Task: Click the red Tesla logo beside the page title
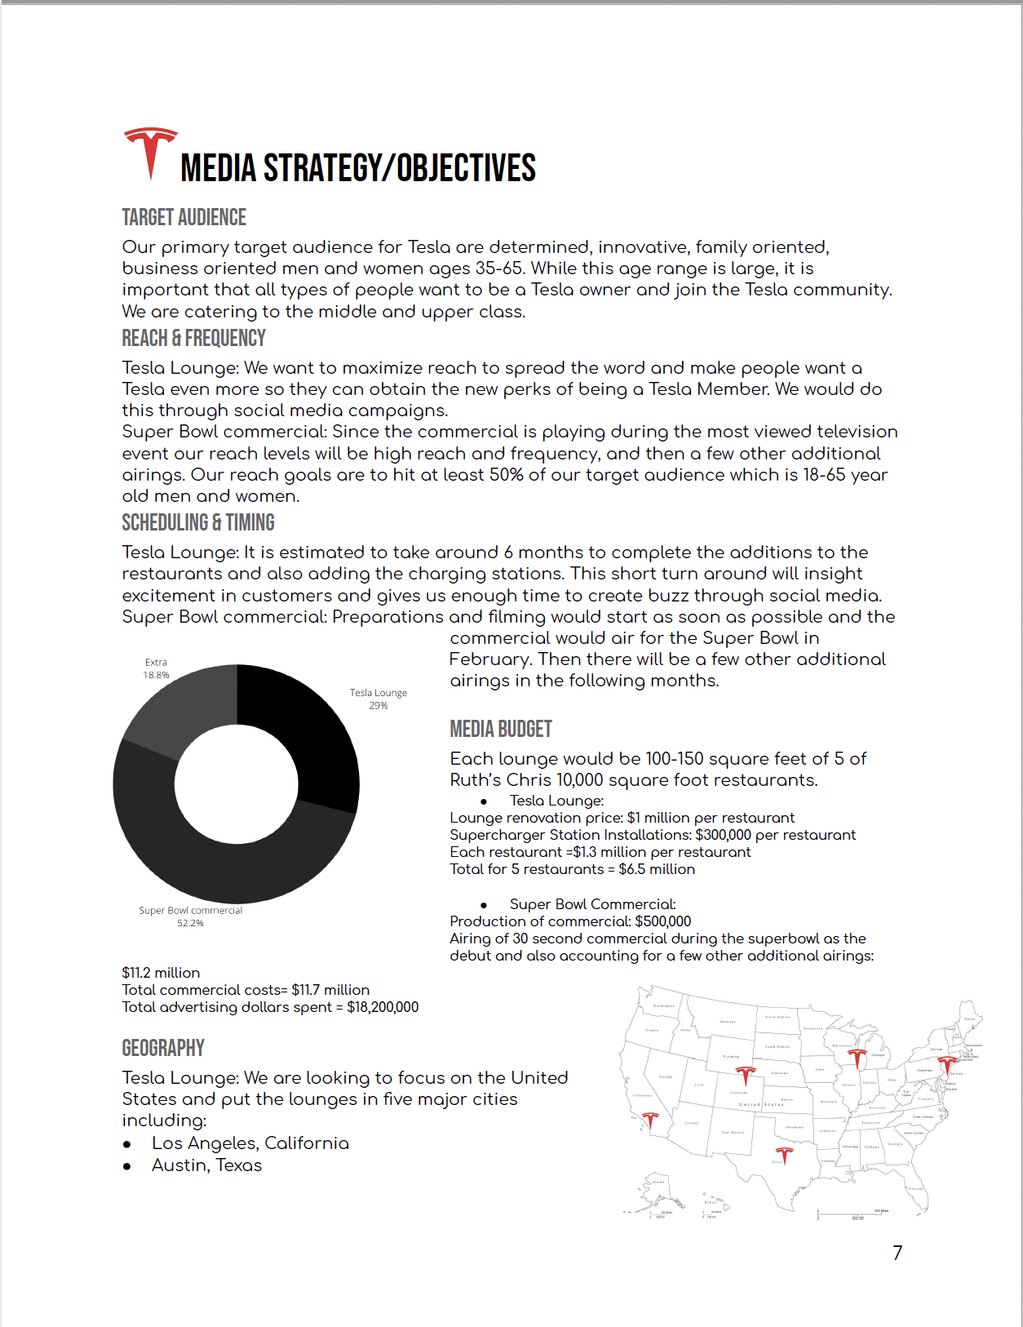pos(150,152)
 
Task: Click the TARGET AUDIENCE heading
pos(184,218)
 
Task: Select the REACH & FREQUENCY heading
pos(193,339)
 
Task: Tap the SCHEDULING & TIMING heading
pos(197,523)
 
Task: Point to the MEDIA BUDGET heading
pos(500,730)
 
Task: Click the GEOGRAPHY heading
pos(163,1049)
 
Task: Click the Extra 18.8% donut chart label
pos(156,668)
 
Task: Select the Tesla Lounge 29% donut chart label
pos(378,699)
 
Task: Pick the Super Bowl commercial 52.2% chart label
pos(190,916)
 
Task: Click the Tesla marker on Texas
pos(784,1155)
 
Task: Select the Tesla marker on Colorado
pos(745,1075)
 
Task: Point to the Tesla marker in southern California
pos(650,1122)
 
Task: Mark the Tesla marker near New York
pos(946,1064)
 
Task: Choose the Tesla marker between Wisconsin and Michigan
pos(856,1058)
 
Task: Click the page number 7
pos(897,1253)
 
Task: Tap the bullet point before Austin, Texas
pos(126,1166)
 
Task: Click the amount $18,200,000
pos(383,1007)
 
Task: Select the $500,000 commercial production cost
pos(662,921)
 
